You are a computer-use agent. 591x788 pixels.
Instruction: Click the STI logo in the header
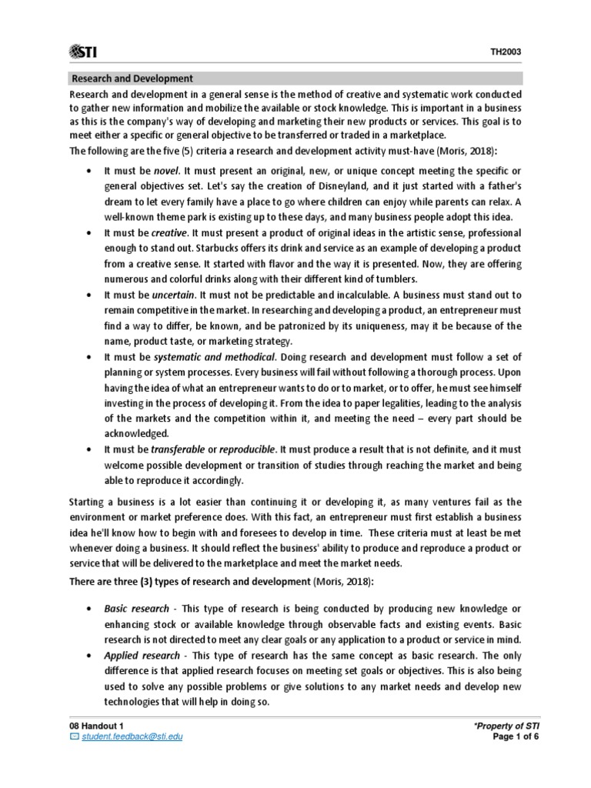click(87, 51)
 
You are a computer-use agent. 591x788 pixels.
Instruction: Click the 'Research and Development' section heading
click(132, 78)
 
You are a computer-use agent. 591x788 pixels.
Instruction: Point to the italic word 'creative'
click(169, 232)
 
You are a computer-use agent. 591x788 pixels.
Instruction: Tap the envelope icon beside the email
click(74, 736)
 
